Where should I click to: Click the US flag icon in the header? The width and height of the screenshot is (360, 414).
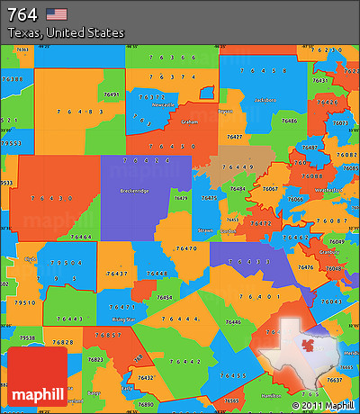tap(57, 13)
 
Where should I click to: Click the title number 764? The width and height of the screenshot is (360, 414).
tap(22, 13)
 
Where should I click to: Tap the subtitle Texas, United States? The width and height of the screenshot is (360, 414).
tap(66, 32)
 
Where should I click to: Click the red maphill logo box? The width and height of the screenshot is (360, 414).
tap(36, 375)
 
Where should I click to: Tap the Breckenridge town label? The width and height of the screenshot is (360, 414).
tap(136, 191)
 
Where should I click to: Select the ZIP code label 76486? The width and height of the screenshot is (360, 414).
tap(288, 120)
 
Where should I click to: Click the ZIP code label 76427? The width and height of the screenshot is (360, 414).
tap(235, 136)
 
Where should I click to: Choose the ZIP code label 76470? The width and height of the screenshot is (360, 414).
tap(186, 247)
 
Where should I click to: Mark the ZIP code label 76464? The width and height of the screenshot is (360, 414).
tap(81, 236)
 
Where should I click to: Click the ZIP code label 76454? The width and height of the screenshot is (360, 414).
tap(165, 297)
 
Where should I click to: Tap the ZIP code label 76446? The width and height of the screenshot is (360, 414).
tap(232, 321)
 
